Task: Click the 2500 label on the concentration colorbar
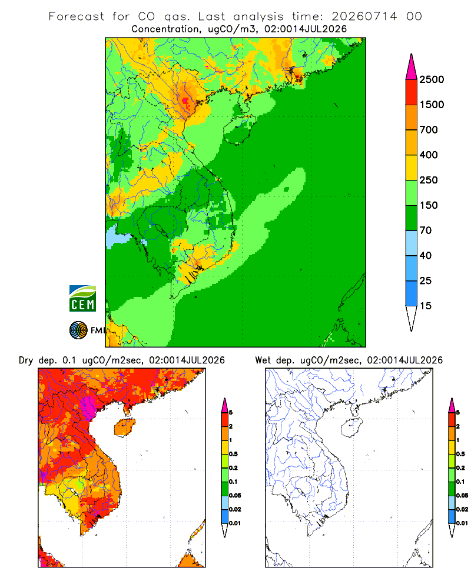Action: point(432,79)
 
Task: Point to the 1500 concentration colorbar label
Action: point(432,105)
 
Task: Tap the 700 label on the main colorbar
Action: point(429,130)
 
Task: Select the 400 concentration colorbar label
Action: point(429,155)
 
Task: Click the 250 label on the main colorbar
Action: point(429,180)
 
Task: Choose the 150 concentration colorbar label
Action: point(429,205)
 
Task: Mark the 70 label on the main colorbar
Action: point(426,230)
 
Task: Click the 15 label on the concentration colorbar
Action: point(426,306)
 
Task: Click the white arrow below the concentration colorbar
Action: point(412,316)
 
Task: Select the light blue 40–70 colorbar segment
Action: point(412,243)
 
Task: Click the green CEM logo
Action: point(82,299)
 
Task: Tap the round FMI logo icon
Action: point(78,330)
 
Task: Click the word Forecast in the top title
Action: point(77,16)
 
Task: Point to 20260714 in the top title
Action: point(364,16)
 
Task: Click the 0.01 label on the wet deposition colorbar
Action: point(462,523)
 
